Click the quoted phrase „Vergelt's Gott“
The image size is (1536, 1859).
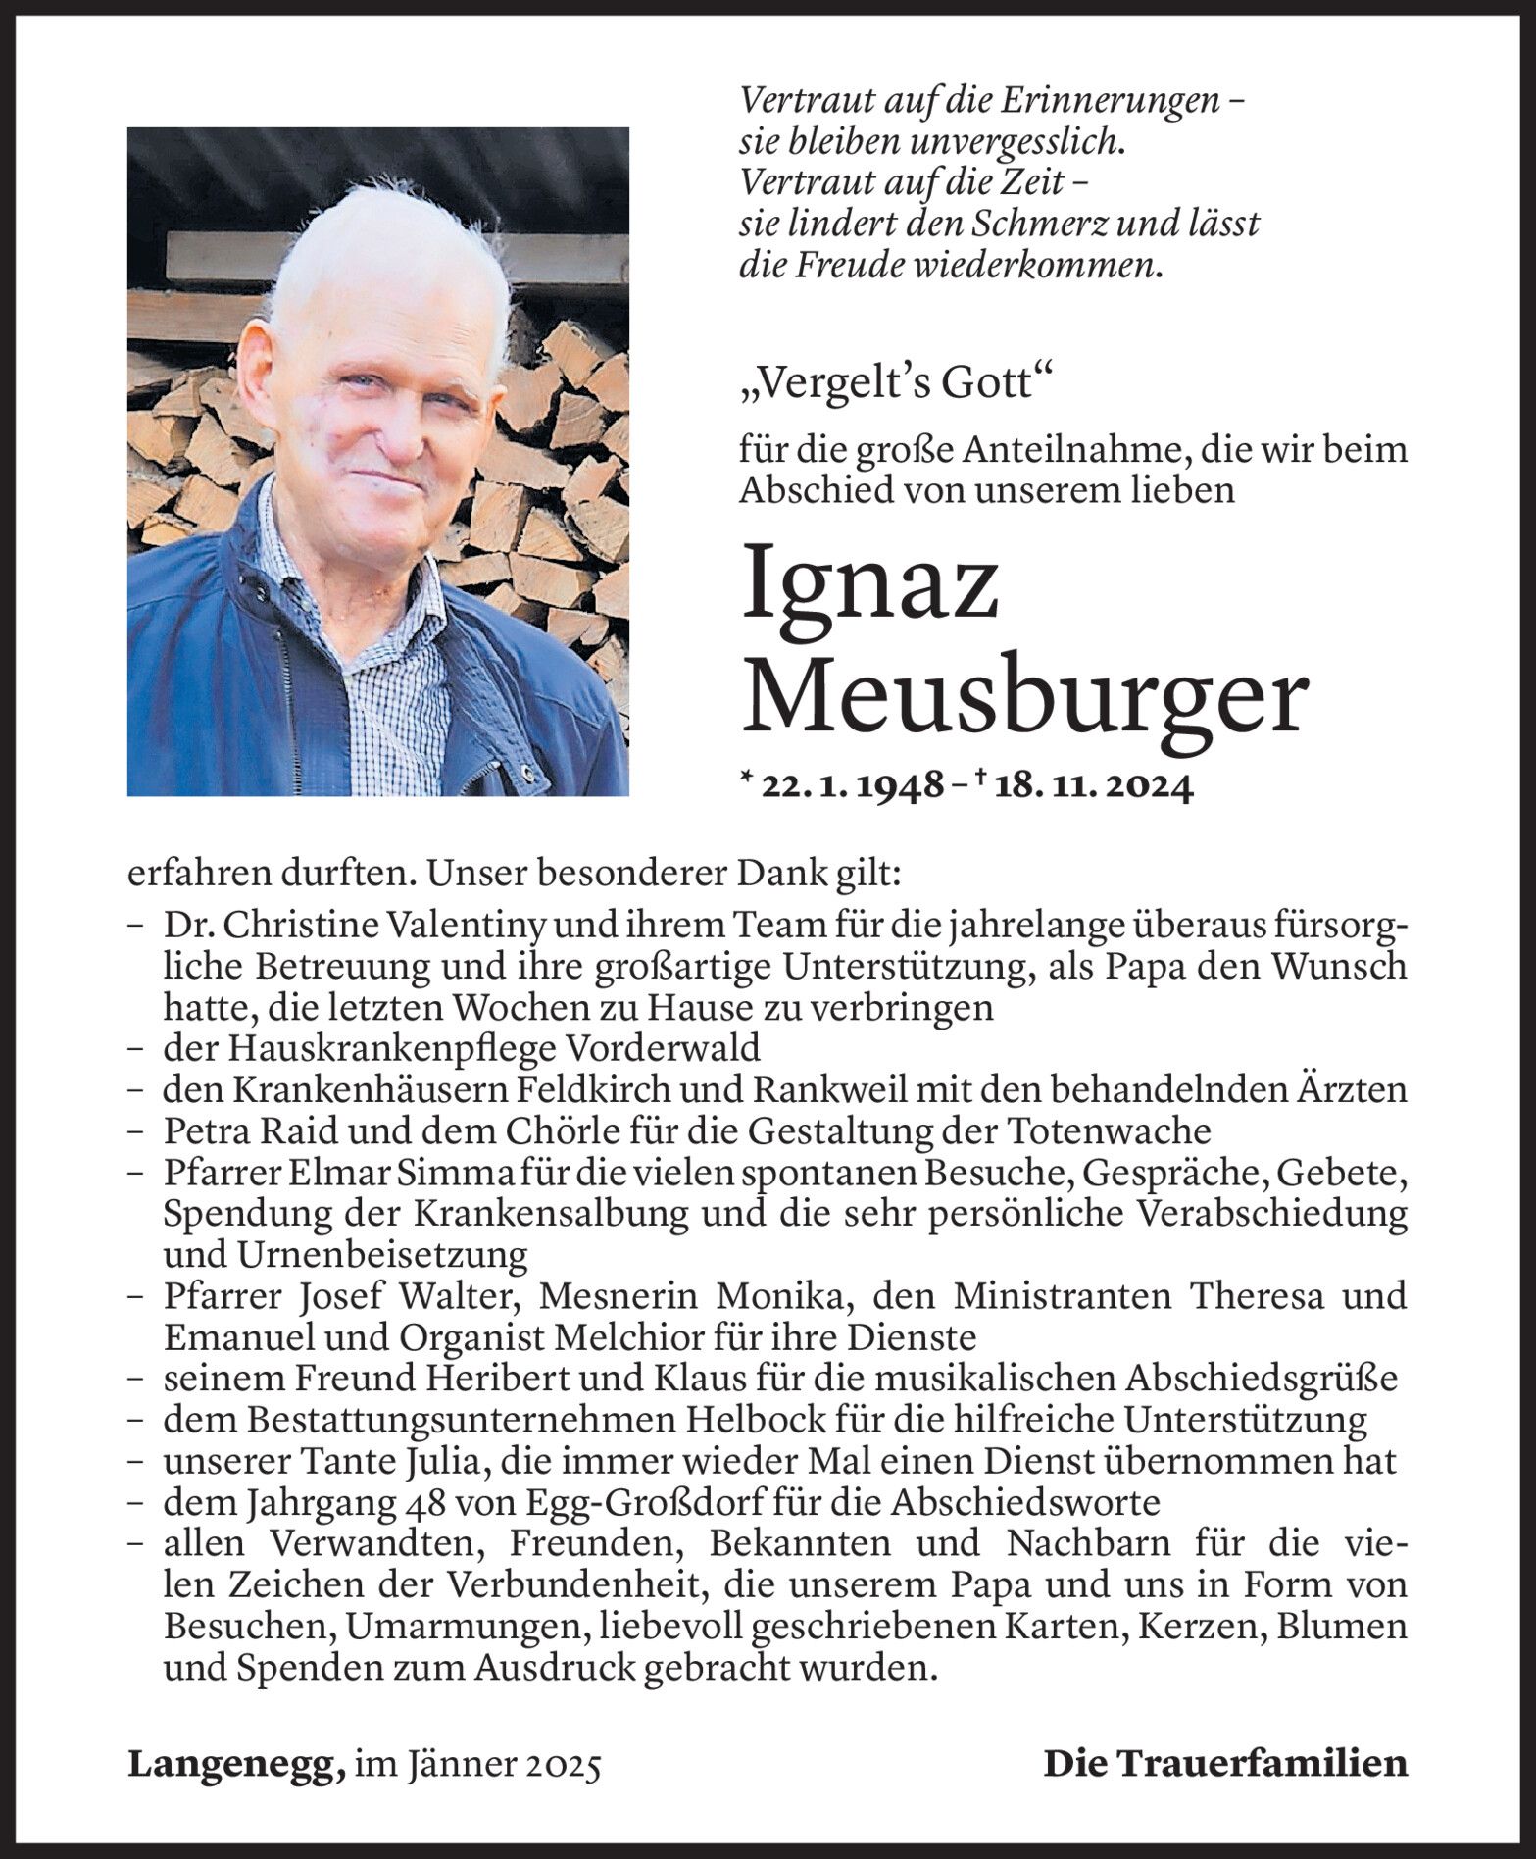[x=894, y=384]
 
